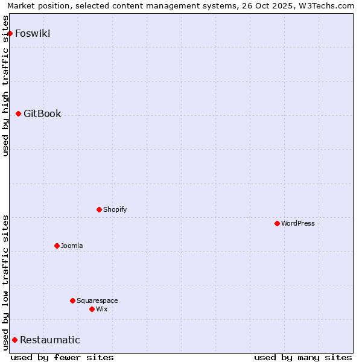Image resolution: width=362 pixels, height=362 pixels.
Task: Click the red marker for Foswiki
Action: coord(10,33)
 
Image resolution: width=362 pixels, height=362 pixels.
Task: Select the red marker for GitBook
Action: coord(19,113)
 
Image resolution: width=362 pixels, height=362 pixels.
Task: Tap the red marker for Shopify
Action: coord(100,209)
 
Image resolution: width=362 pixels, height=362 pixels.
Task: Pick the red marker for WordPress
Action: coord(278,223)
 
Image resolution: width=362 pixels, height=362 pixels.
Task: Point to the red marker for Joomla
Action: coord(57,246)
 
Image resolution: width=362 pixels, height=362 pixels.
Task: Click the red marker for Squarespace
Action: coord(73,300)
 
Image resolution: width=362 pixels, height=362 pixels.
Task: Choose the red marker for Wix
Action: coord(92,309)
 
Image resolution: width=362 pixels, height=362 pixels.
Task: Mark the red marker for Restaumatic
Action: coord(15,340)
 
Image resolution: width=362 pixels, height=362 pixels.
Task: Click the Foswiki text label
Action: coord(33,33)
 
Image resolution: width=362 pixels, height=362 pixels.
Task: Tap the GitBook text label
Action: coord(42,113)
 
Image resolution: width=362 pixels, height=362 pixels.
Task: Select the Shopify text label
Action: coord(115,209)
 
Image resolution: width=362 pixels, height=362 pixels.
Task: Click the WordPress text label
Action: coord(298,223)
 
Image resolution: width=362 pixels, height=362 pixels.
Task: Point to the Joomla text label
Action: coord(72,246)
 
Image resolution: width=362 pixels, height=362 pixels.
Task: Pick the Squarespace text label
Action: coord(97,300)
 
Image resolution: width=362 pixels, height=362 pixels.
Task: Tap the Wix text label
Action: coord(102,309)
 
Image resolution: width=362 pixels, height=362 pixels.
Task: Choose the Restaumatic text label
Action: coord(50,340)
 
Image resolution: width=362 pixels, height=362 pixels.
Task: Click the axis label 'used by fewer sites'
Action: coord(62,357)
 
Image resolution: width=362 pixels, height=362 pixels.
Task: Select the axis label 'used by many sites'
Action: coord(303,357)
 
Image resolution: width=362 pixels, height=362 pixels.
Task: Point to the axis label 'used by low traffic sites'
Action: coord(6,282)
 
